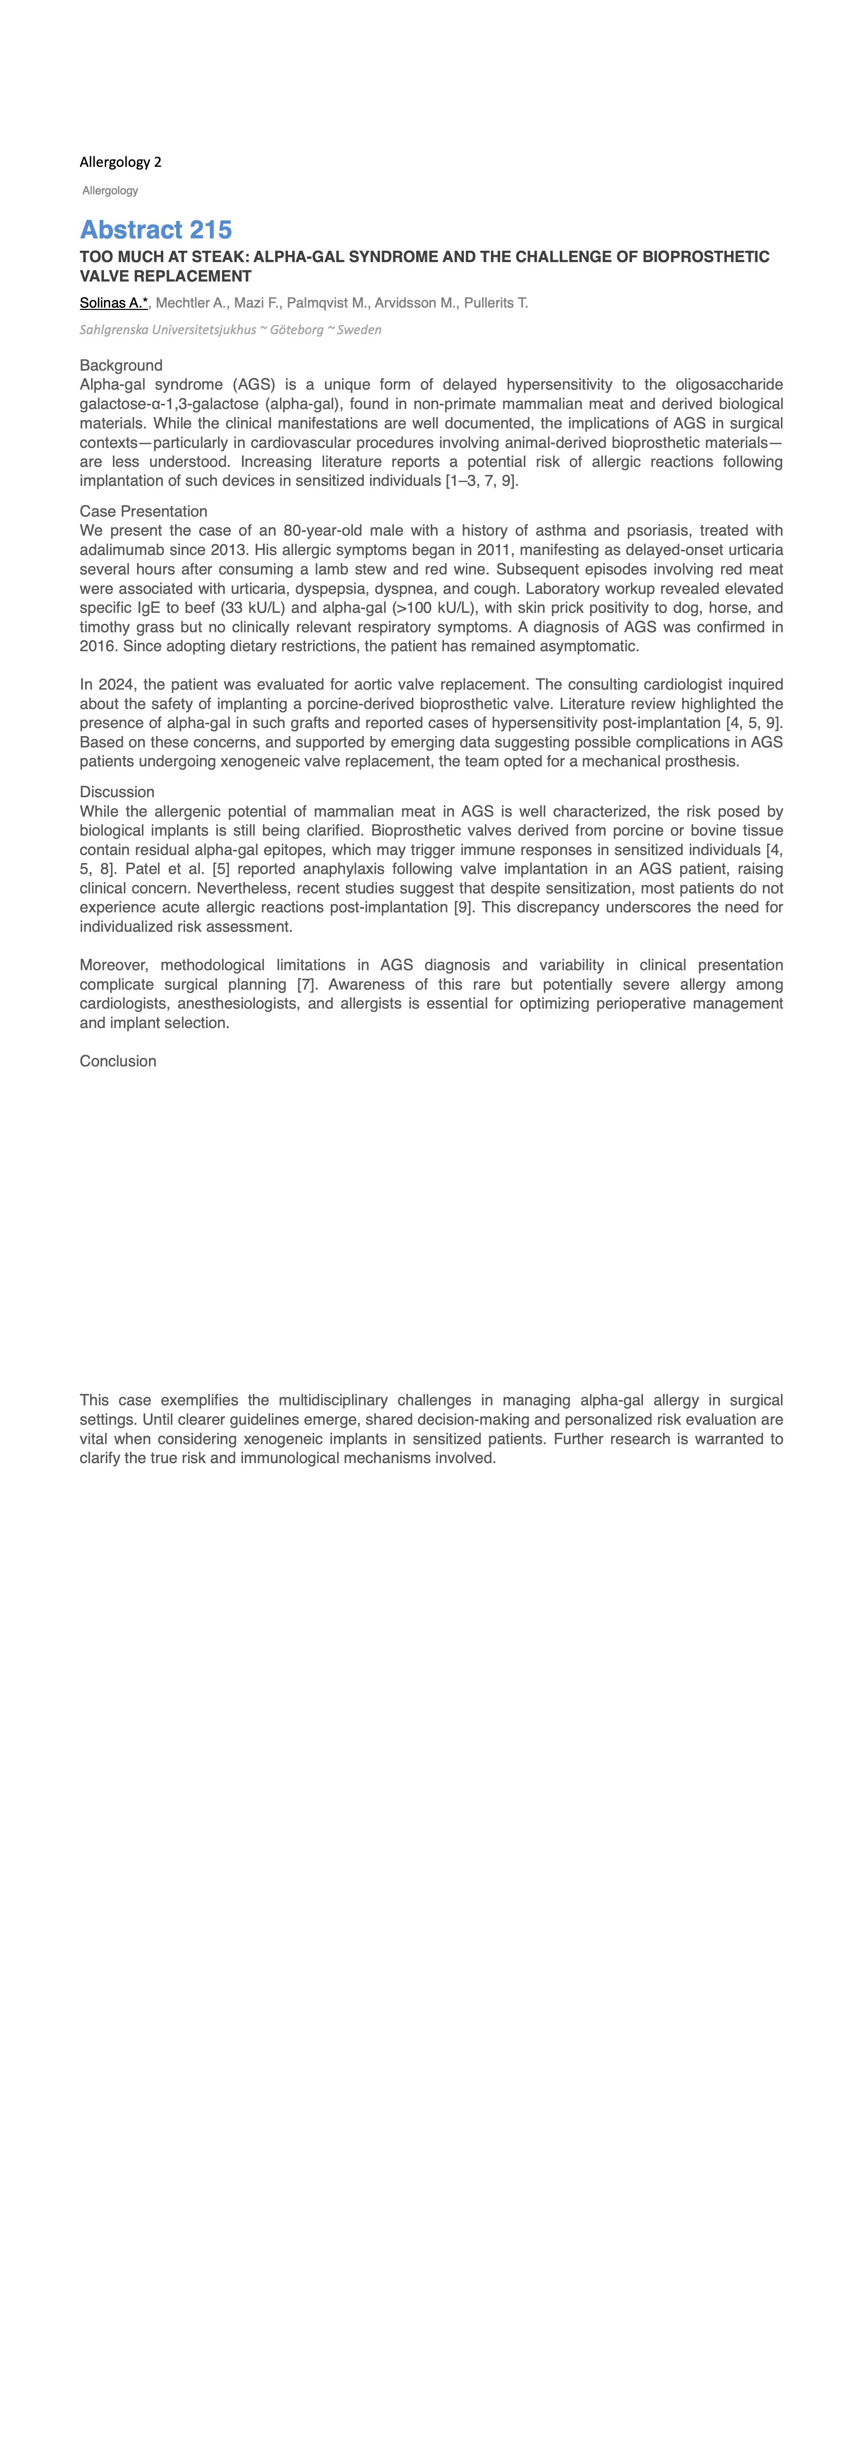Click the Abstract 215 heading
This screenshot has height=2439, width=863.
pos(155,230)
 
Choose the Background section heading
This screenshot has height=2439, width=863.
pos(121,365)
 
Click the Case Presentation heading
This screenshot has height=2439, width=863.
pos(143,511)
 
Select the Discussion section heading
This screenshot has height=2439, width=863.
pos(117,792)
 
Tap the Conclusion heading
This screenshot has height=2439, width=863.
pos(118,1061)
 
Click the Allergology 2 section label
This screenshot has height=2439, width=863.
pos(121,162)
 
